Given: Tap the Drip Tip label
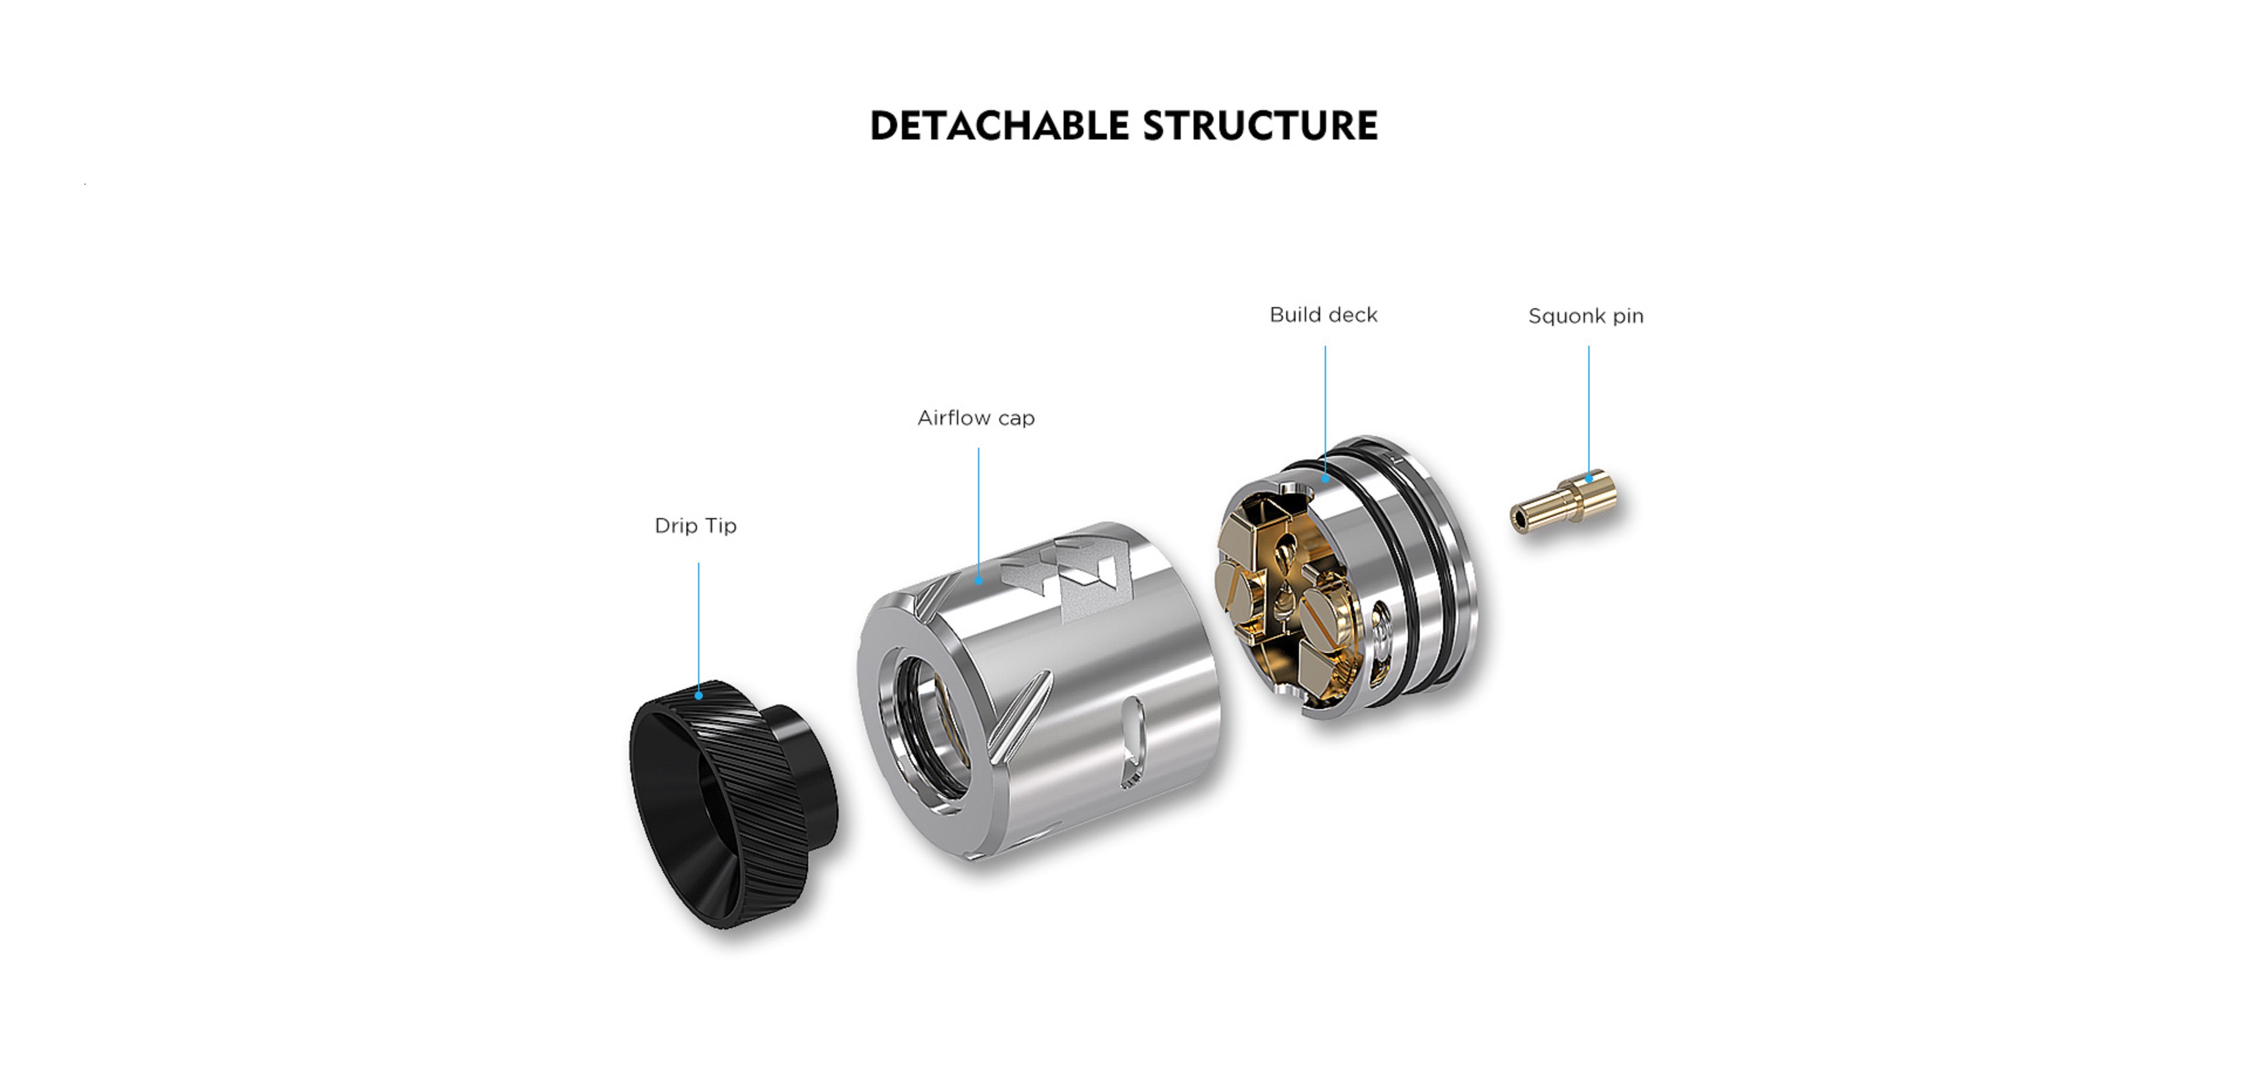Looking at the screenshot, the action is [696, 526].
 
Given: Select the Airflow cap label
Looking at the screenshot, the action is [976, 418].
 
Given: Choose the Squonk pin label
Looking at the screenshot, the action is [1585, 316].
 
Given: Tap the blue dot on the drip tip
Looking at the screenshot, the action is [699, 695].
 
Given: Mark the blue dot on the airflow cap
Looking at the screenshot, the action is [979, 580].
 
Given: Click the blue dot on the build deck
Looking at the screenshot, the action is [1325, 478].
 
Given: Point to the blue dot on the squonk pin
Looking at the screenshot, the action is [1589, 478].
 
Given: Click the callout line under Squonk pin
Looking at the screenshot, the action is [1589, 410].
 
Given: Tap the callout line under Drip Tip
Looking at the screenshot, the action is [699, 627].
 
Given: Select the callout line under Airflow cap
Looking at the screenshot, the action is [979, 513].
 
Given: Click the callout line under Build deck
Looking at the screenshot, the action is [1325, 410].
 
